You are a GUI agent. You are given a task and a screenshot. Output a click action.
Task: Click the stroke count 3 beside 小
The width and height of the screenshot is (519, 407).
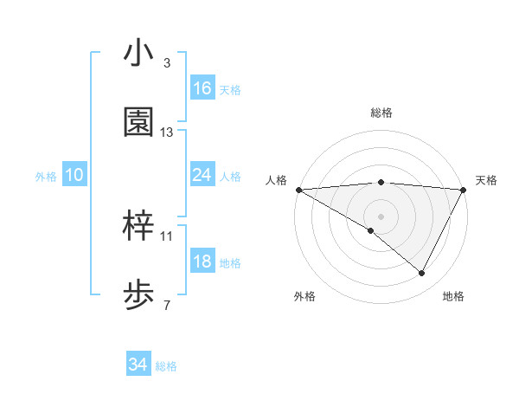(x=167, y=63)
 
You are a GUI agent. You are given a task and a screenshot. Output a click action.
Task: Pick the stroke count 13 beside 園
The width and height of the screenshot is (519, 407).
(x=167, y=132)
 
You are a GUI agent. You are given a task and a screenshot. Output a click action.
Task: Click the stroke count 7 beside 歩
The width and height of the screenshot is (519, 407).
(x=167, y=306)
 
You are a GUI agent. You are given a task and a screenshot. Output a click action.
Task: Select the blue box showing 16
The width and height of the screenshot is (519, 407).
(x=202, y=88)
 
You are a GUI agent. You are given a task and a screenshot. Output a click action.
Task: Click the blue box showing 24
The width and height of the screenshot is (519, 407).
(x=202, y=175)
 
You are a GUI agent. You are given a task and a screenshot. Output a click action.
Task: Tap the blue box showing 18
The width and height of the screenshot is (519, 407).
(x=202, y=262)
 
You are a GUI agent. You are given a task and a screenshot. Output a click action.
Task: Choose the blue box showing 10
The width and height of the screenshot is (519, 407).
(x=74, y=175)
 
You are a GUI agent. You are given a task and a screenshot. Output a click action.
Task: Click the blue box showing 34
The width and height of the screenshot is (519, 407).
(x=138, y=365)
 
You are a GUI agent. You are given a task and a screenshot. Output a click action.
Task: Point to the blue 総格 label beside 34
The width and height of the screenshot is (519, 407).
(x=167, y=366)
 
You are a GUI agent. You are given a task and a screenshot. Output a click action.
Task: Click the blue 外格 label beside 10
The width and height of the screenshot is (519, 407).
(x=46, y=177)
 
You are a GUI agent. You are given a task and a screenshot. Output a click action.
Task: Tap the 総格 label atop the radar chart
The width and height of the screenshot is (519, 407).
(x=381, y=113)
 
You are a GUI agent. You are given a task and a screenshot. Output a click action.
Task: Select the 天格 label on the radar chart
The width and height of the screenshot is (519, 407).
(x=486, y=180)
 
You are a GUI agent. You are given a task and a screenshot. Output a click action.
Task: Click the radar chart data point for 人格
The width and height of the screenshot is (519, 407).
(x=298, y=190)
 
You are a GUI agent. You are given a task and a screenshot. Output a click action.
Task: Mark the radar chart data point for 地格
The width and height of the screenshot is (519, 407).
(x=422, y=274)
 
